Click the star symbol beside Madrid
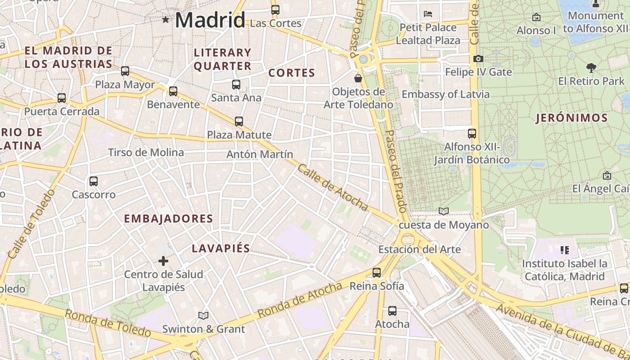pyautogui.click(x=166, y=19)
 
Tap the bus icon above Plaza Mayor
pyautogui.click(x=125, y=71)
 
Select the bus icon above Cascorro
pyautogui.click(x=94, y=181)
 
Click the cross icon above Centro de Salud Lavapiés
pyautogui.click(x=163, y=261)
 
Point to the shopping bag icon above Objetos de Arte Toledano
pyautogui.click(x=358, y=78)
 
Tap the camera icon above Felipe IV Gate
pyautogui.click(x=478, y=58)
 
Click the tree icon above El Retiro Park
pyautogui.click(x=591, y=68)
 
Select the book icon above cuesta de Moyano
pyautogui.click(x=444, y=211)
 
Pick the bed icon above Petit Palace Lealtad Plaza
pyautogui.click(x=428, y=14)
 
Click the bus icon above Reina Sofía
pyautogui.click(x=377, y=272)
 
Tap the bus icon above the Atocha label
pyautogui.click(x=392, y=310)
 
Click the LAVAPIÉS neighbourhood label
pyautogui.click(x=220, y=248)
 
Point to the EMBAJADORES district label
pyautogui.click(x=168, y=219)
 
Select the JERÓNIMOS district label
pyautogui.click(x=571, y=118)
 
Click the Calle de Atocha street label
pyautogui.click(x=333, y=187)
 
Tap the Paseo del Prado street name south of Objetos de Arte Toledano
pyautogui.click(x=396, y=171)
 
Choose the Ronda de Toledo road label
pyautogui.click(x=108, y=323)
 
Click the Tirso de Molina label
pyautogui.click(x=146, y=153)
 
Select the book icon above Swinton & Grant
pyautogui.click(x=203, y=315)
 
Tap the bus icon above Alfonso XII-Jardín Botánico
pyautogui.click(x=472, y=134)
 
